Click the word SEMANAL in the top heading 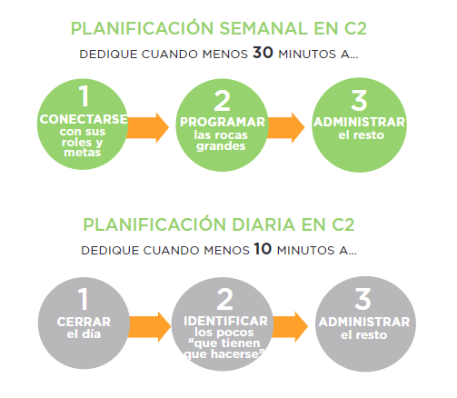(x=263, y=29)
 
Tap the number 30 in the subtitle (x=263, y=53)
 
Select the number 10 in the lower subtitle (x=263, y=249)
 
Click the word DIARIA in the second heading (x=263, y=224)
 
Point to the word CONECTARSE (x=84, y=119)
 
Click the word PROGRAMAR (x=223, y=122)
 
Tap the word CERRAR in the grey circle (x=84, y=322)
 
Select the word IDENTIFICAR (x=225, y=321)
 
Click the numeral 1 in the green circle (x=84, y=95)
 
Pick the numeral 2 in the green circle (x=222, y=101)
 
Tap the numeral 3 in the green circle (x=359, y=100)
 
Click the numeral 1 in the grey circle (x=83, y=299)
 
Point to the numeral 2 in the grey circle (x=225, y=299)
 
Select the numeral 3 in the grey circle (x=363, y=299)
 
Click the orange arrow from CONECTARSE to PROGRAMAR (x=147, y=127)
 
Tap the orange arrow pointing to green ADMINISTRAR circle (x=285, y=127)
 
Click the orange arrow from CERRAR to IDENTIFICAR (x=150, y=327)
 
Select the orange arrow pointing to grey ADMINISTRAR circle (x=290, y=327)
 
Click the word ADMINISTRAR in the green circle (x=360, y=122)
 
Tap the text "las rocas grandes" (x=221, y=141)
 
